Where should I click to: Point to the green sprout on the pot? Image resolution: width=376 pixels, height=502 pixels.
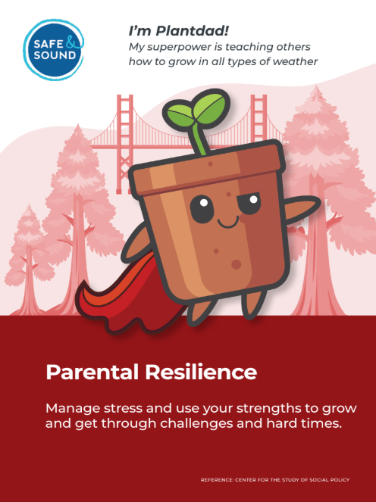pyautogui.click(x=199, y=114)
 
